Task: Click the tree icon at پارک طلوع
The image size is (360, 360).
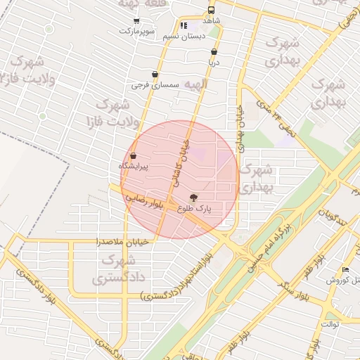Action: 194,198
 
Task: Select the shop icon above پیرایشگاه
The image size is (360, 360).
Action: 133,155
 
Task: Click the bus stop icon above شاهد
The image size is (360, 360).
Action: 211,11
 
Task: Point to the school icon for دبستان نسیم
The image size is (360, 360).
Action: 184,25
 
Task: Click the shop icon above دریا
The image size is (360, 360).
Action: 214,51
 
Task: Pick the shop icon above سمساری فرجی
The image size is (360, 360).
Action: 155,75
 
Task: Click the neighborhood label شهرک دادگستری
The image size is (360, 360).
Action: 115,270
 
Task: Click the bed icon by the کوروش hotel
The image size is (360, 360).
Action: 345,270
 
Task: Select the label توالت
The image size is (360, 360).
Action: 330,324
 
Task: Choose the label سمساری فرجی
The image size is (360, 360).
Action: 155,85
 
